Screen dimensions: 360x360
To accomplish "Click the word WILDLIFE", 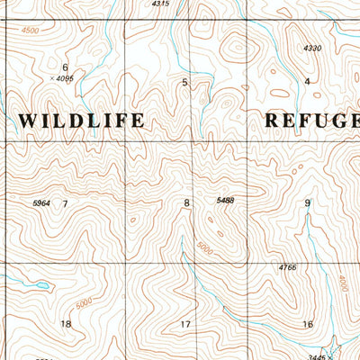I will tap(81, 120).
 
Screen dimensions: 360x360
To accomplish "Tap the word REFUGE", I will tap(310, 121).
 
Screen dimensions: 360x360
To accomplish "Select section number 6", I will tap(65, 67).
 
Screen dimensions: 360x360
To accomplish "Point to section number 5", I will tap(185, 83).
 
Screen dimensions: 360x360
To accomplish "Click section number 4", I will tap(307, 82).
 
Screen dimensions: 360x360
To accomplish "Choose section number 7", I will tap(65, 203).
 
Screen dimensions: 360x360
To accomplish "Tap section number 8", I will tap(187, 203).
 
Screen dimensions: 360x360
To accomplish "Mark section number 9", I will tap(308, 203).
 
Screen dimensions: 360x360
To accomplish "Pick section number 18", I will tap(65, 324).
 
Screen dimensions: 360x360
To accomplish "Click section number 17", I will tap(186, 324).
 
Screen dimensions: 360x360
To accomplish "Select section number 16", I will tap(308, 324).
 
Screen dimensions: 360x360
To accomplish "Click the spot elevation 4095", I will tap(63, 78).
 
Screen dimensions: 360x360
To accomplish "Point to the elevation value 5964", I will tap(41, 203).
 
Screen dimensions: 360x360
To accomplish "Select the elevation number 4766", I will tap(287, 267).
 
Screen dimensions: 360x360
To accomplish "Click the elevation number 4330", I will tap(312, 48).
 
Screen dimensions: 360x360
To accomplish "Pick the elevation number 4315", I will tap(160, 4).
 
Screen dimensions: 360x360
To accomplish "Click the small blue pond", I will tap(40, 286).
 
